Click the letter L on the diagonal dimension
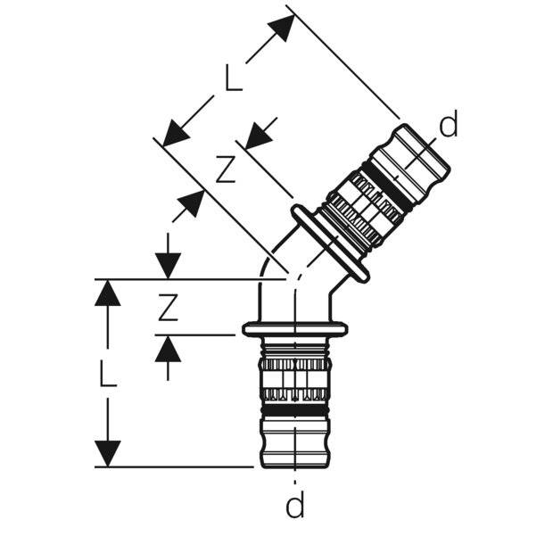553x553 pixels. point(233,78)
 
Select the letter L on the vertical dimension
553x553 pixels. point(107,374)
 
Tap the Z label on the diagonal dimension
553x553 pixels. point(226,169)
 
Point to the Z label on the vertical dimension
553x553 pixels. point(168,309)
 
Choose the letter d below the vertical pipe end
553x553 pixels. point(295,507)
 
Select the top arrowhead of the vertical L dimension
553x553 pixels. point(107,293)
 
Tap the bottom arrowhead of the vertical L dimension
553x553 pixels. point(107,453)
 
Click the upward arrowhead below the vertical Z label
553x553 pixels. point(168,349)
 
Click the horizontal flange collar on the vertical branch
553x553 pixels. point(295,330)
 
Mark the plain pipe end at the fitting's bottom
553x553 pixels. point(295,443)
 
